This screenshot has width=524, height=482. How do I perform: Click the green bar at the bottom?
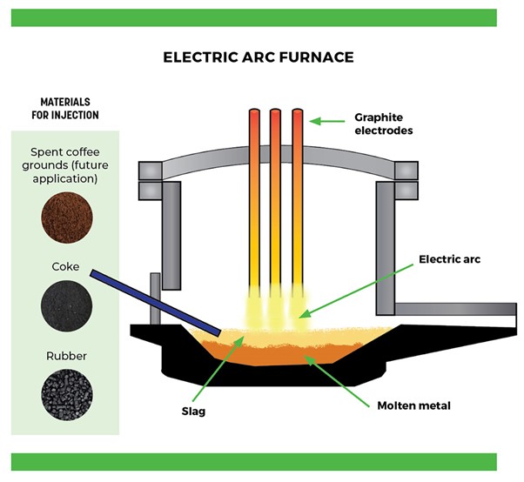point(261,462)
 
